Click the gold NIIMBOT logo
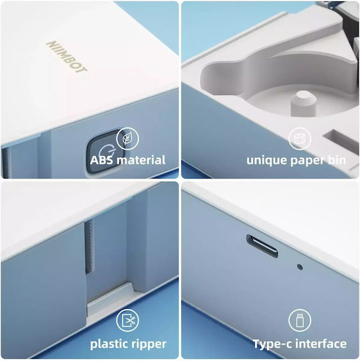(x=67, y=57)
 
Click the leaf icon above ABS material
(x=127, y=139)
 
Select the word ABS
(x=102, y=160)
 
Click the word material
(x=141, y=160)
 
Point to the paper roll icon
(x=300, y=139)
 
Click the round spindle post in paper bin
(x=303, y=103)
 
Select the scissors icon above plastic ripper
(x=127, y=321)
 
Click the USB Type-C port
(x=262, y=246)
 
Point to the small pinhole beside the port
(x=300, y=267)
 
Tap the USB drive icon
(x=300, y=321)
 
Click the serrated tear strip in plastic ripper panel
(x=90, y=247)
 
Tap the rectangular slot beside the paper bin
(x=341, y=141)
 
